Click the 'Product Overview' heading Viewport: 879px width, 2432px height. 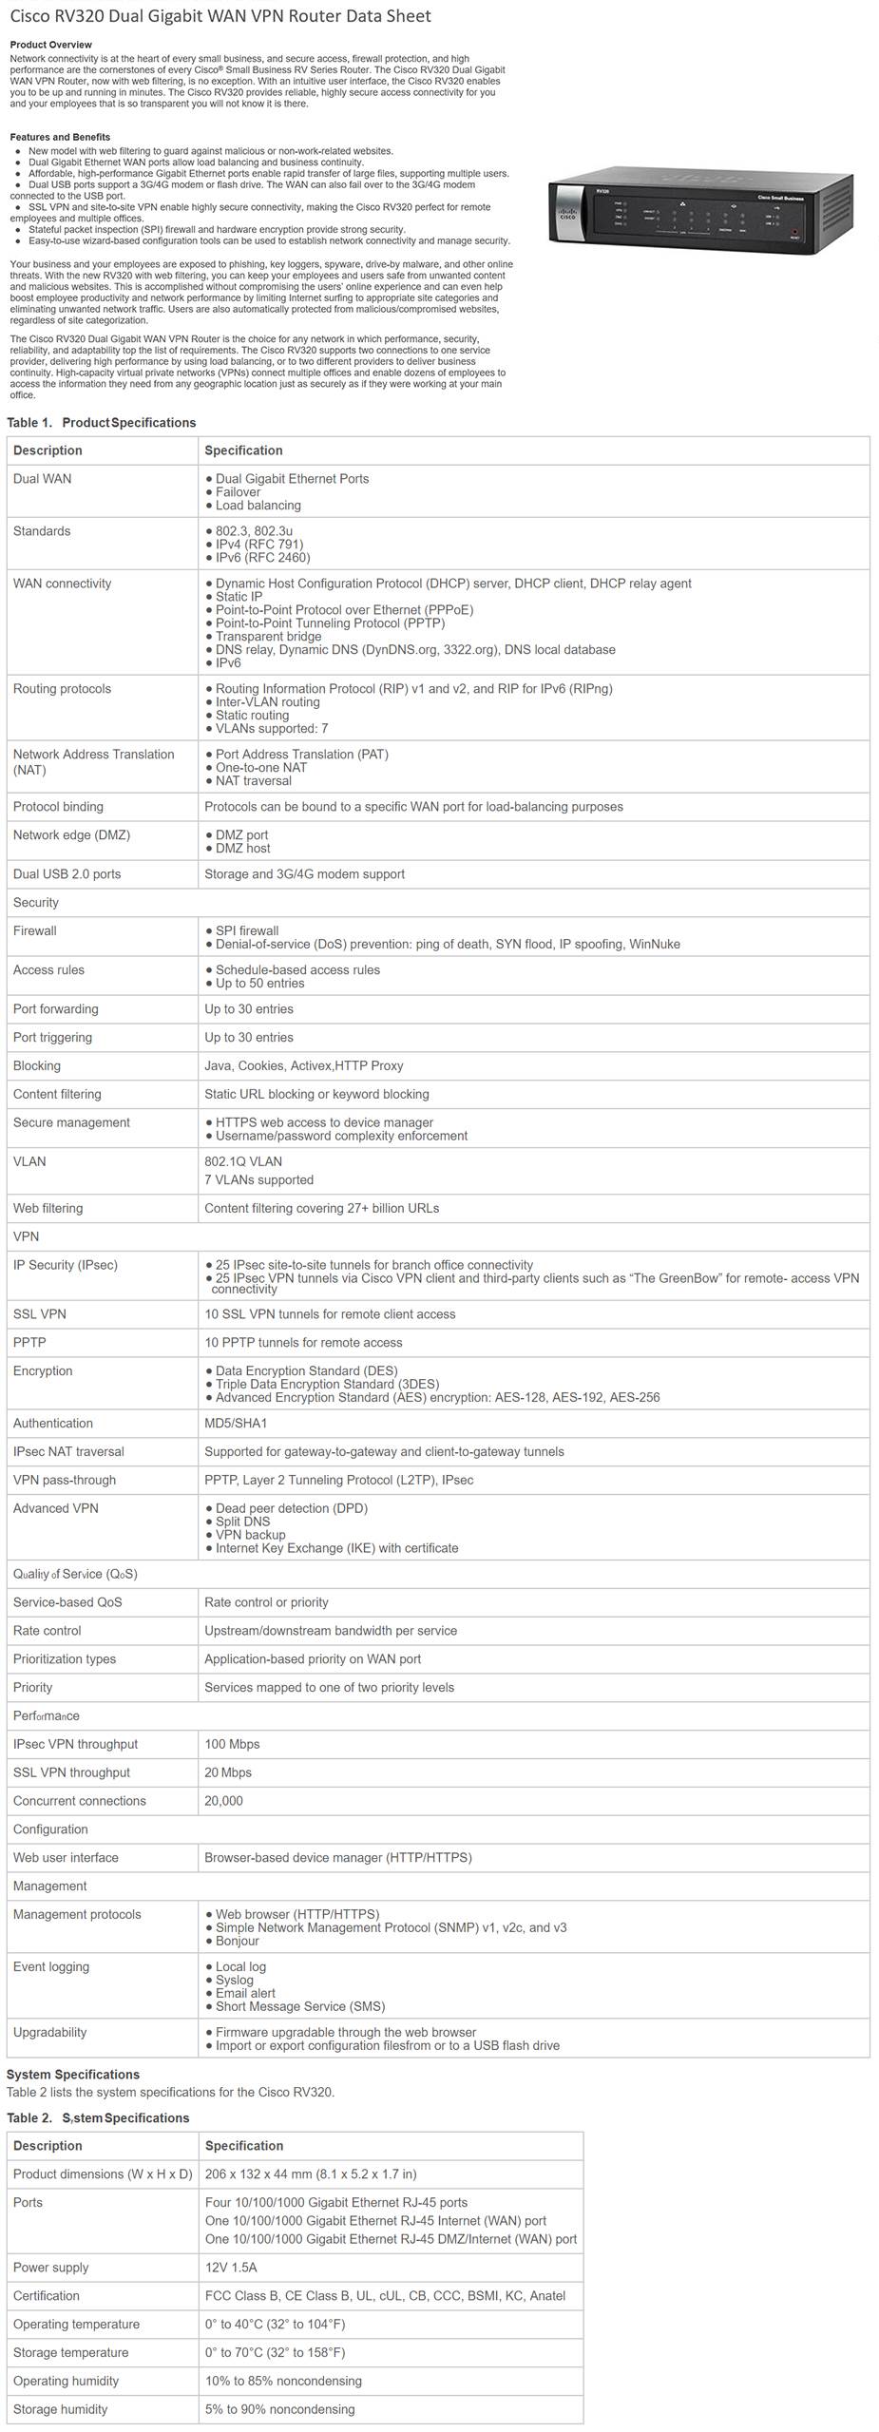click(51, 45)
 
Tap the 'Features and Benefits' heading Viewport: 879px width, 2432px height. click(60, 137)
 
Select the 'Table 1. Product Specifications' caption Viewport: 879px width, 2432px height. click(102, 422)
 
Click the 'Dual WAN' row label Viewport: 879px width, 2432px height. click(42, 479)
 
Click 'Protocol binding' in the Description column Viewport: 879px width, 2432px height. click(58, 807)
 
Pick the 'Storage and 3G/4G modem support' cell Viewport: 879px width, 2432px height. click(304, 874)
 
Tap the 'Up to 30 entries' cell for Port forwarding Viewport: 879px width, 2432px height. click(249, 1009)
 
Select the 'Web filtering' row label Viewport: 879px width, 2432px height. click(48, 1209)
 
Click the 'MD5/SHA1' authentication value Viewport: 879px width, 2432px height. click(236, 1424)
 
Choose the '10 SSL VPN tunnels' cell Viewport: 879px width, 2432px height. click(330, 1314)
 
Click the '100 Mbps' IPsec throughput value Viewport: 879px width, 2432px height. click(232, 1745)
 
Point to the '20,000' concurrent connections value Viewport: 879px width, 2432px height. click(223, 1802)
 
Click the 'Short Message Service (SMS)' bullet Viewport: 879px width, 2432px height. click(299, 2007)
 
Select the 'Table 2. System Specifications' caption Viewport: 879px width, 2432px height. click(98, 2118)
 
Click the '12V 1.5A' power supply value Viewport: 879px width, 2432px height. click(231, 2268)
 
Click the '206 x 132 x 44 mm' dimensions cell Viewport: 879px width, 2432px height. click(311, 2174)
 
